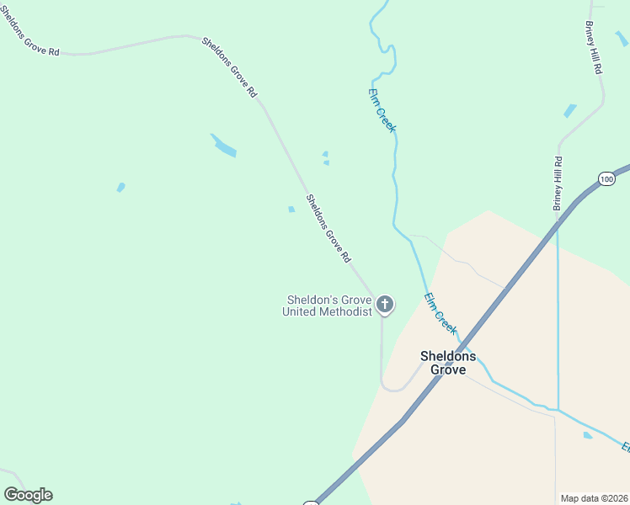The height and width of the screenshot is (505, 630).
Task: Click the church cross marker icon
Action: (385, 304)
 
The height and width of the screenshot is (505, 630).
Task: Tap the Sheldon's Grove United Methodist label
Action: (328, 306)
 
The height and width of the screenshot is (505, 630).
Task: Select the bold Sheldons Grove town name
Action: (448, 363)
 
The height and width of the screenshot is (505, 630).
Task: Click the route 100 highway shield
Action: (606, 178)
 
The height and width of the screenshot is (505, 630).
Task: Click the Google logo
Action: (28, 495)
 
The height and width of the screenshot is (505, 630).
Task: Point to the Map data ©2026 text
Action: (595, 498)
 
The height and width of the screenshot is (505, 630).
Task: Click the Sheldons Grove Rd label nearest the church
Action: (328, 229)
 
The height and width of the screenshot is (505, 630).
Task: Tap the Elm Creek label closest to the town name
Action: (440, 312)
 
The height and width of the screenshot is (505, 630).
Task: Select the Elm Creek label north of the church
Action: (382, 110)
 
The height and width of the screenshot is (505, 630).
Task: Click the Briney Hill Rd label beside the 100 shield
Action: (558, 183)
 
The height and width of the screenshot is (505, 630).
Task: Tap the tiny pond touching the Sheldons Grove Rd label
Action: (291, 210)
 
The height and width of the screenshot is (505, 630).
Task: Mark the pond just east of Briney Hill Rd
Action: (570, 110)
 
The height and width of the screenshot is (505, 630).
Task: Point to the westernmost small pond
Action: (120, 187)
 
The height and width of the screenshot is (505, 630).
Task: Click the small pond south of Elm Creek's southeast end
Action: (587, 435)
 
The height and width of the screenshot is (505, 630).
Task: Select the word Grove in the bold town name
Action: (448, 369)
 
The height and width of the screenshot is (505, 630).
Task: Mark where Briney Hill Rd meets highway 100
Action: (558, 221)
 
